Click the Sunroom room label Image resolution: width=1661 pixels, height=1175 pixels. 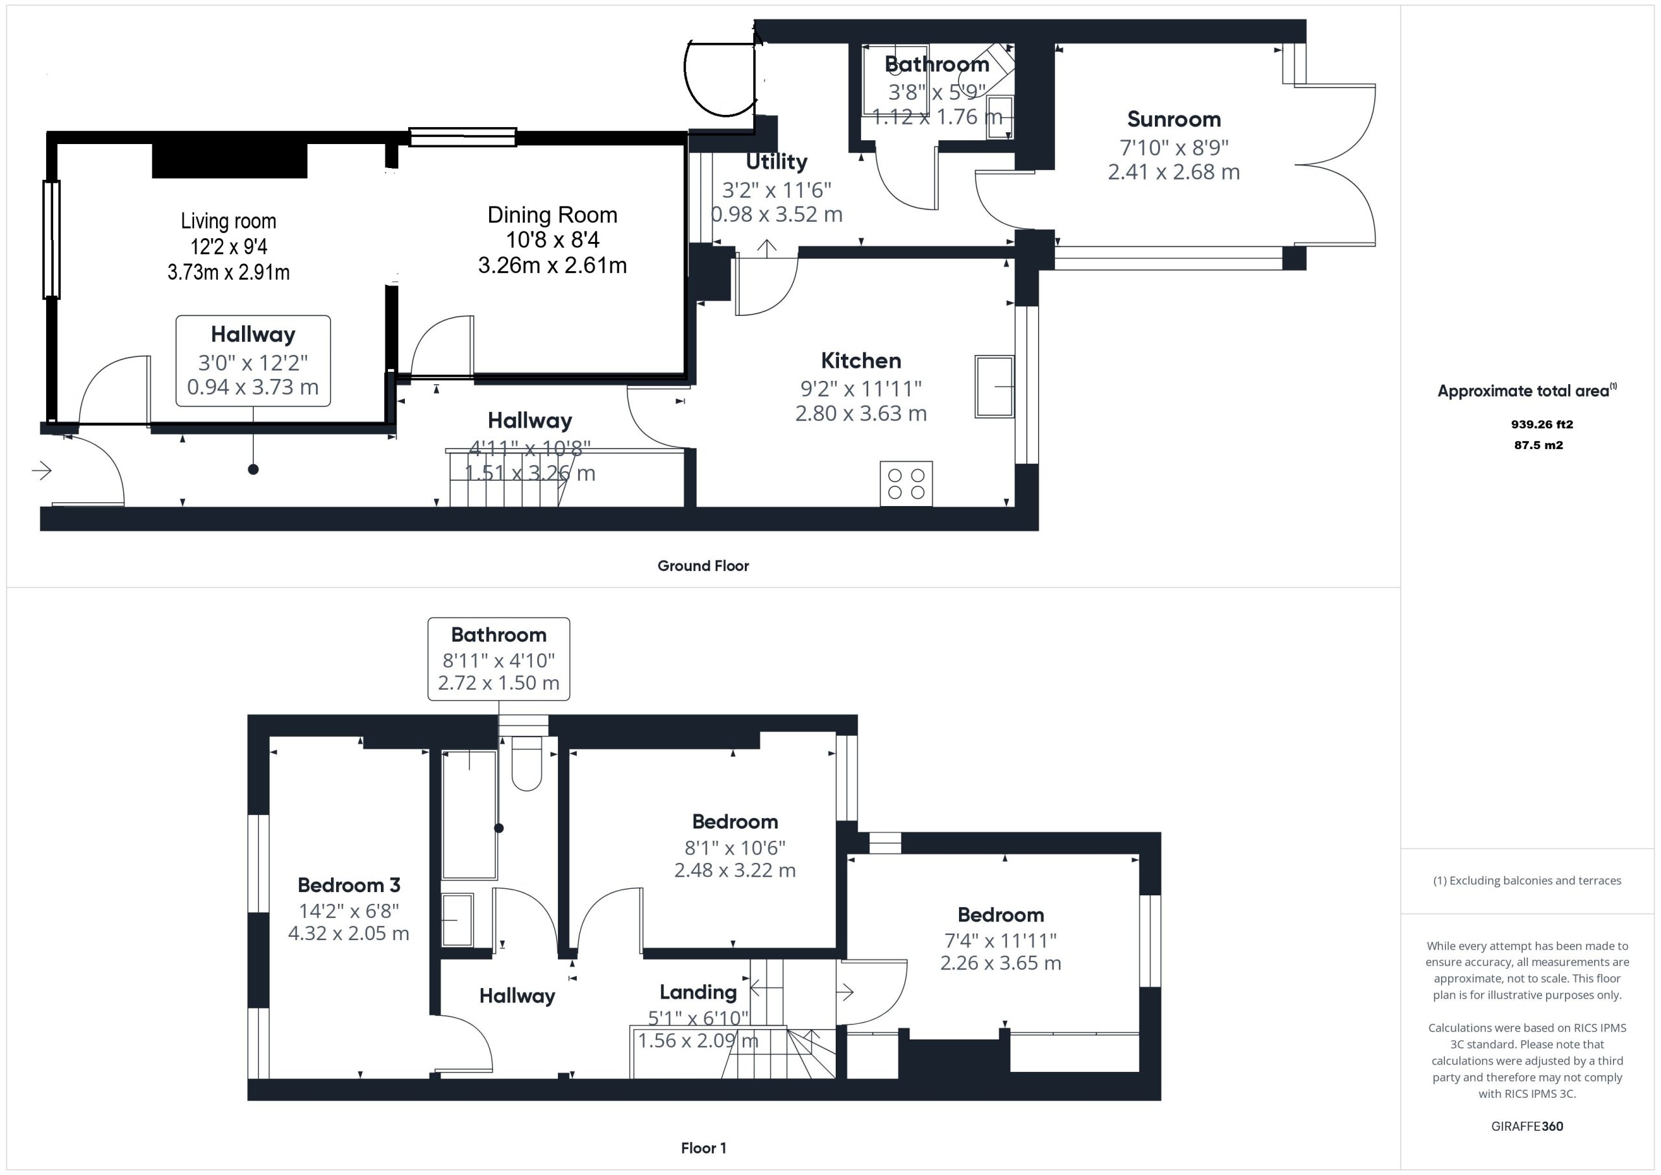point(1174,119)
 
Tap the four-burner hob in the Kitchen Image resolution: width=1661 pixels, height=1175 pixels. point(906,483)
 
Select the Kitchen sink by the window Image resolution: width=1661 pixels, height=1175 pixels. point(994,386)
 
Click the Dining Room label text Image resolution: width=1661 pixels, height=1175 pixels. point(552,215)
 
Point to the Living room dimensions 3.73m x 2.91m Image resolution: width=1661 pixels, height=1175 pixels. point(228,272)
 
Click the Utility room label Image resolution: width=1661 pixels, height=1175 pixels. point(776,162)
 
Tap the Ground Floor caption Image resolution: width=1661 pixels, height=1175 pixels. point(703,566)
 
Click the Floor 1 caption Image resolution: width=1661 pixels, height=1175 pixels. point(703,1148)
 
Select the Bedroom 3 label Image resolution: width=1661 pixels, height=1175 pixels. point(348,885)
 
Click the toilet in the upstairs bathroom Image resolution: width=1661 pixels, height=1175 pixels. point(527,762)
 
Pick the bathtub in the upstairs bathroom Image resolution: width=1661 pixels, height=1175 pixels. point(469,815)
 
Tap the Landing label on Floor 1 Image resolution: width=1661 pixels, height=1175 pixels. point(698,992)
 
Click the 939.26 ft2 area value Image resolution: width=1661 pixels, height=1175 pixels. point(1542,425)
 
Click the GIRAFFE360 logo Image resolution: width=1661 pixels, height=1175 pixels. point(1527,1126)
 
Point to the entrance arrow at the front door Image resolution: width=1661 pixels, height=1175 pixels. point(42,471)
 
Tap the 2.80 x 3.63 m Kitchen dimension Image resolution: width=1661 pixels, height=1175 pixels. point(861,413)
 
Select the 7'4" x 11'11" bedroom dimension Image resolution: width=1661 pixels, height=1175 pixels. point(1000,940)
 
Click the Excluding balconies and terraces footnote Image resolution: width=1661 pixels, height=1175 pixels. point(1527,880)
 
